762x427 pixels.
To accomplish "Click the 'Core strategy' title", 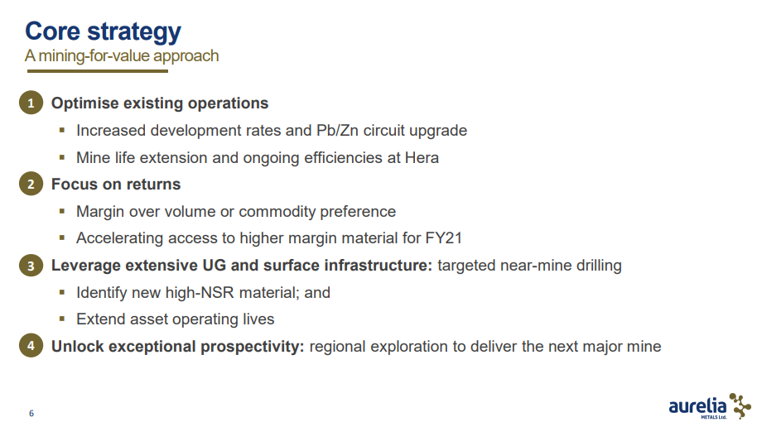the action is click(103, 32).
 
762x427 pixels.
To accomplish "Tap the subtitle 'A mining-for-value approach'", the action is click(122, 56).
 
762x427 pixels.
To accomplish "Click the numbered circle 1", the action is click(31, 103).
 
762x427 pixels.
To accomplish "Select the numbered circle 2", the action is click(31, 184).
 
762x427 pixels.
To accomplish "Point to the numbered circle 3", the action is click(31, 266).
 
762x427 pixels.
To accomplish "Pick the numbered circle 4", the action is click(31, 345).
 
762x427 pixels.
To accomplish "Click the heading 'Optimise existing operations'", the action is click(160, 103).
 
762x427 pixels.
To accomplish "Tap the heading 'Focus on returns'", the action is click(116, 184).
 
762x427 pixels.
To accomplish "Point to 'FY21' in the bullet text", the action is click(443, 238).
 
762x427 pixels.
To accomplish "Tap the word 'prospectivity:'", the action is click(253, 347).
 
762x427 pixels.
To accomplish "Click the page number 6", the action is click(31, 414).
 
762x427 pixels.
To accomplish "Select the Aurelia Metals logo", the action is click(710, 406).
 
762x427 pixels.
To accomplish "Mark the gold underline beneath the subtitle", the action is click(98, 71).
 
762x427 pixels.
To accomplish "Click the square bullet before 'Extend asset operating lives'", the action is click(62, 319).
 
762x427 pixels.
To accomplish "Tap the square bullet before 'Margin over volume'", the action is click(62, 211).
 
